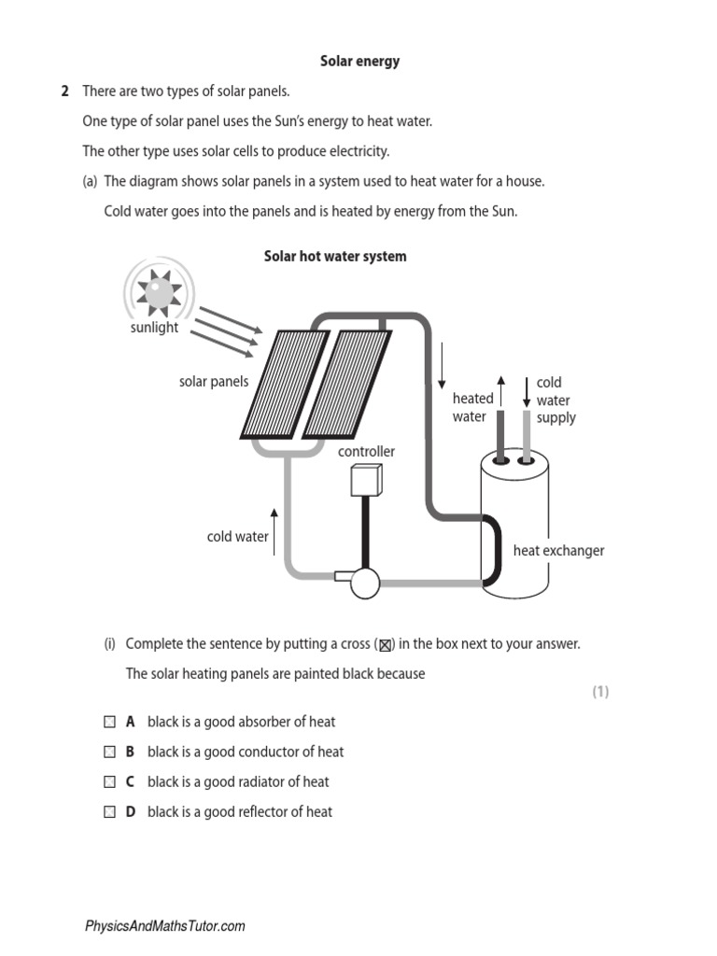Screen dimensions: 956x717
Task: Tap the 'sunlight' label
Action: [154, 328]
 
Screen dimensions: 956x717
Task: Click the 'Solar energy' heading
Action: [359, 62]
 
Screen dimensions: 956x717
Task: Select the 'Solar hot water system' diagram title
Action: [335, 256]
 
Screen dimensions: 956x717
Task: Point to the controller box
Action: [361, 481]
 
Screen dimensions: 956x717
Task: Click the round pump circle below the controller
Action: [363, 582]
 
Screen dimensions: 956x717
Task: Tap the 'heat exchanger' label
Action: [558, 551]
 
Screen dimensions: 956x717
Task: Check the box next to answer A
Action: [109, 722]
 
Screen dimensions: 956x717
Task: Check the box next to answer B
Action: [109, 752]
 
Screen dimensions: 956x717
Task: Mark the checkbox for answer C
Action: [109, 781]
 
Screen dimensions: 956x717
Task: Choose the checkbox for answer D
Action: [109, 811]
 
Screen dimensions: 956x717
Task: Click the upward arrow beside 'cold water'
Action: [274, 532]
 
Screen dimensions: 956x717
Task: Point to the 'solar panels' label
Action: [214, 381]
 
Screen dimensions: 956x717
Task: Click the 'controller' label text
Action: [366, 452]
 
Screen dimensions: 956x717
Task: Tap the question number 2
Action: [64, 91]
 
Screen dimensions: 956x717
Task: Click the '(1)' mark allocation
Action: [599, 692]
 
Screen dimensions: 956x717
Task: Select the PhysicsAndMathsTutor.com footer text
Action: [164, 926]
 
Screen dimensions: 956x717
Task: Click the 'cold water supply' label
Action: [555, 400]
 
